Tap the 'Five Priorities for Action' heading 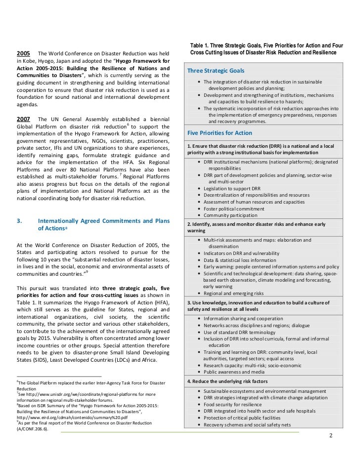click(220, 133)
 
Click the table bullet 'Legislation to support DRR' click(232, 188)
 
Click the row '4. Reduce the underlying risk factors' click(227, 382)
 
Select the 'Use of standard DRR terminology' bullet click(240, 332)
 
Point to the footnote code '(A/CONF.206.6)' click(34, 429)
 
